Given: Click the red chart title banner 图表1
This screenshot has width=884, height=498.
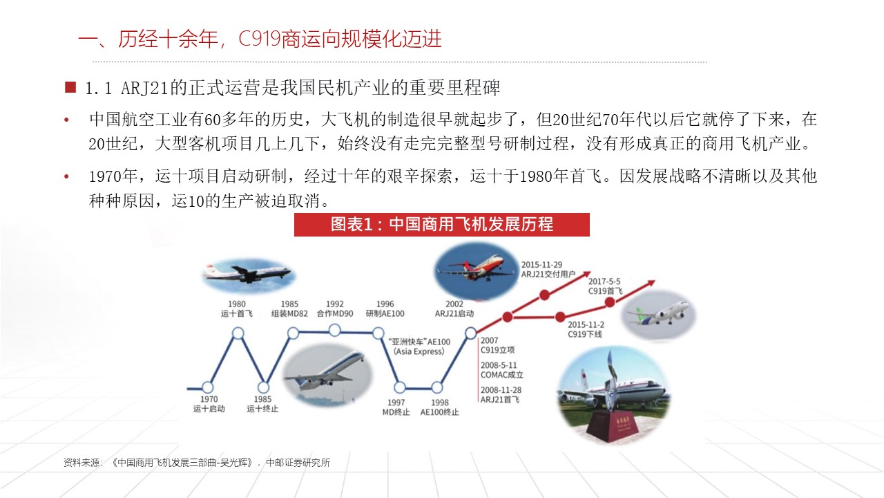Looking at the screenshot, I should (x=441, y=225).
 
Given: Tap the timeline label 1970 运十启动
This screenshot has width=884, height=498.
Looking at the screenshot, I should (x=209, y=404).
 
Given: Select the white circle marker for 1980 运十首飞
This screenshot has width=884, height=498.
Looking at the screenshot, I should (x=238, y=333).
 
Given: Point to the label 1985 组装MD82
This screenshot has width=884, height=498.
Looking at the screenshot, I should (x=289, y=308).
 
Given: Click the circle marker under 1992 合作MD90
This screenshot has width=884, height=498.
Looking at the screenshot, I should (x=335, y=333).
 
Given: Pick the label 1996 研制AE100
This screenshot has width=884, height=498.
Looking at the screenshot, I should (x=385, y=308).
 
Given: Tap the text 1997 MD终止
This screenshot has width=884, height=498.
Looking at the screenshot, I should (x=396, y=407).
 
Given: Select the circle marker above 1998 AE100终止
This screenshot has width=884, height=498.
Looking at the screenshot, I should (x=436, y=387).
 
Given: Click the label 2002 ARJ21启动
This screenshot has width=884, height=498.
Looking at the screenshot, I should (x=454, y=308).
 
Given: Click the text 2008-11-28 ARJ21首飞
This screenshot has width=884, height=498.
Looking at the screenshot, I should (x=500, y=395).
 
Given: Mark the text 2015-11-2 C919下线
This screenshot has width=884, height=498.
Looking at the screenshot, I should (x=586, y=329).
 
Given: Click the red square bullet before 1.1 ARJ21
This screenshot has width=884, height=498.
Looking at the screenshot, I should (x=70, y=88).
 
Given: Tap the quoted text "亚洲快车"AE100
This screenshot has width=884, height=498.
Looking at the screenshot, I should (x=419, y=346).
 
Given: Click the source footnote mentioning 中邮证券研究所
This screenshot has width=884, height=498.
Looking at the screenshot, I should (x=197, y=463).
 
